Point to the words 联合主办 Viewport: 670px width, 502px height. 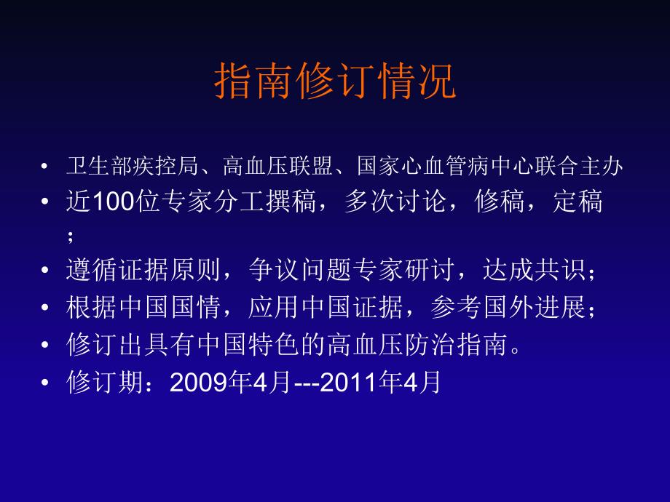click(591, 167)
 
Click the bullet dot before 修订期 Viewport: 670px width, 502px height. click(47, 383)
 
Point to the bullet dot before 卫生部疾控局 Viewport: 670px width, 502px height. click(47, 167)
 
